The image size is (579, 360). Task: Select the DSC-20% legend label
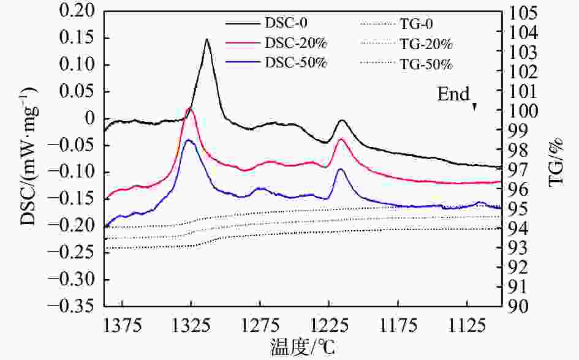pyautogui.click(x=296, y=44)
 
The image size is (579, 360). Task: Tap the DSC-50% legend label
pyautogui.click(x=296, y=63)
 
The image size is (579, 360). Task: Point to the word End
pyautogui.click(x=453, y=95)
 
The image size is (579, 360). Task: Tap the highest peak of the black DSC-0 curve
pyautogui.click(x=207, y=40)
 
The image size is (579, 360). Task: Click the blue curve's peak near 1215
pyautogui.click(x=341, y=170)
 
